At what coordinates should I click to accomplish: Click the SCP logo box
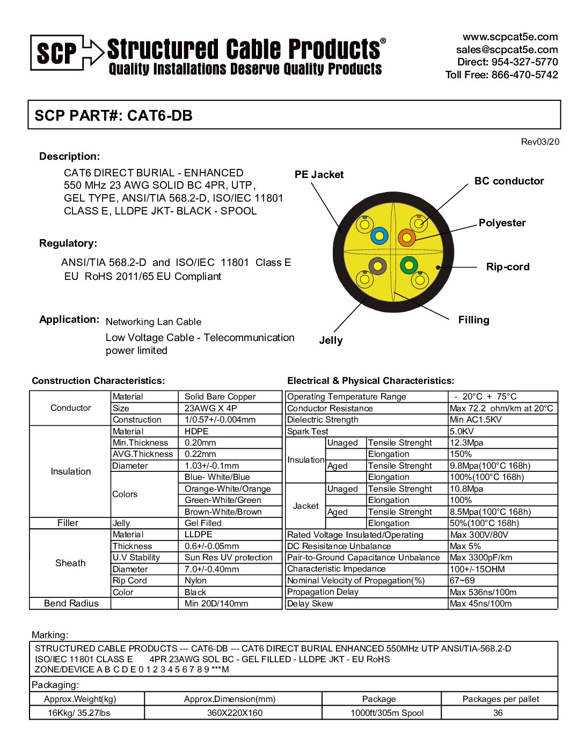click(x=57, y=53)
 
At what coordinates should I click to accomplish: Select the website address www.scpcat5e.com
click(x=510, y=37)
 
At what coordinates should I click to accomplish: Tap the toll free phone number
click(x=501, y=75)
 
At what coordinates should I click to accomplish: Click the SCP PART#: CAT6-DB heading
click(x=113, y=115)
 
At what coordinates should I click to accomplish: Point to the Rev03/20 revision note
click(x=540, y=142)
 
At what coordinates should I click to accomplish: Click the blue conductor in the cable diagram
click(x=379, y=235)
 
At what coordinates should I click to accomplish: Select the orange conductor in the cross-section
click(x=407, y=237)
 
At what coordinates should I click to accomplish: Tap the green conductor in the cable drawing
click(x=409, y=265)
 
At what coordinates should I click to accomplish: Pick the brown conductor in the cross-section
click(x=378, y=265)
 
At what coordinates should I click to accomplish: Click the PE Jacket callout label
click(x=319, y=175)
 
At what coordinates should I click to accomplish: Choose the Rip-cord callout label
click(x=507, y=267)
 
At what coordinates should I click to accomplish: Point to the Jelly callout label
click(x=331, y=341)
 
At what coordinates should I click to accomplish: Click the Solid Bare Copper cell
click(x=220, y=397)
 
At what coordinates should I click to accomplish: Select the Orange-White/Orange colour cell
click(x=228, y=489)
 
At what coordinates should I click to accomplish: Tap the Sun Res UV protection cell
click(x=229, y=558)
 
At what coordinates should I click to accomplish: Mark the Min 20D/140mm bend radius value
click(x=216, y=604)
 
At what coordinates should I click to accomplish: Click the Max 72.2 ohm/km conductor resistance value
click(x=501, y=409)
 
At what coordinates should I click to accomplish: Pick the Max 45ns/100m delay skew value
click(x=480, y=604)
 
